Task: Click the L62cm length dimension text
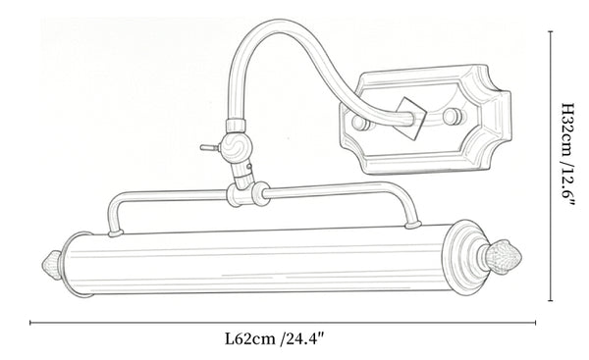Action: point(274,339)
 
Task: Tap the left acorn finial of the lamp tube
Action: point(52,266)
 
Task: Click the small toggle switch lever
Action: point(210,147)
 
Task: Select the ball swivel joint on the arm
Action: point(235,146)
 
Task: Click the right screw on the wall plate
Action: point(453,116)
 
